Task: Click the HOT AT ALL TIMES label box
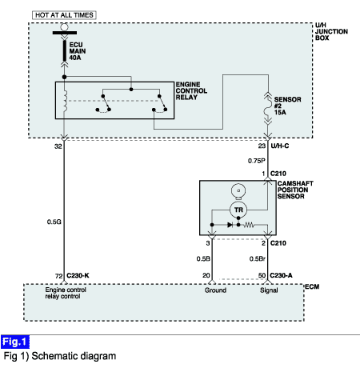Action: click(64, 15)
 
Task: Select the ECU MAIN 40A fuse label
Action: click(78, 51)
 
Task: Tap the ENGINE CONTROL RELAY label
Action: click(191, 90)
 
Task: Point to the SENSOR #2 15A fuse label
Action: click(287, 106)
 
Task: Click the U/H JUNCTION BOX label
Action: click(331, 31)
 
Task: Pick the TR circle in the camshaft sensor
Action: click(238, 210)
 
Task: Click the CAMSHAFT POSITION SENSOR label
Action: click(295, 190)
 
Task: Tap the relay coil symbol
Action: click(65, 101)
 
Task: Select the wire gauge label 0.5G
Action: click(54, 222)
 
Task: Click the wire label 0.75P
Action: click(257, 161)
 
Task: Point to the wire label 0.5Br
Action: click(258, 258)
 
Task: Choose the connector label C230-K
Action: click(78, 275)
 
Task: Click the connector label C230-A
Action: click(281, 275)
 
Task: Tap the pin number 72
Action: click(59, 276)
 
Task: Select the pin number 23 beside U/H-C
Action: click(262, 146)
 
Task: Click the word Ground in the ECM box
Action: click(215, 290)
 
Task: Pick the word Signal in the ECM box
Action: click(269, 290)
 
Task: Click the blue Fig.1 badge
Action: click(15, 342)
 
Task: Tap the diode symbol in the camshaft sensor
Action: click(230, 225)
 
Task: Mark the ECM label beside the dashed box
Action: click(312, 286)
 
